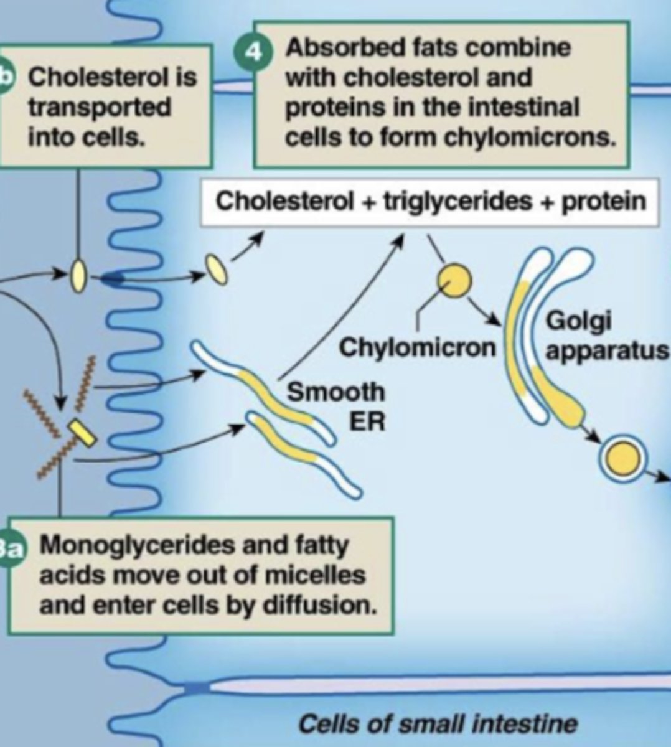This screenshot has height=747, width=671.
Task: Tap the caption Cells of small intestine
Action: (437, 723)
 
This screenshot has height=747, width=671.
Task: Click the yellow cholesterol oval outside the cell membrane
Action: (78, 276)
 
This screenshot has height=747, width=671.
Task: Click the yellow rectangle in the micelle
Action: (82, 432)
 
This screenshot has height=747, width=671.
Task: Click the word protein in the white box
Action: (604, 201)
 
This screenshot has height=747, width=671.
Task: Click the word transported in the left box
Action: (100, 106)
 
